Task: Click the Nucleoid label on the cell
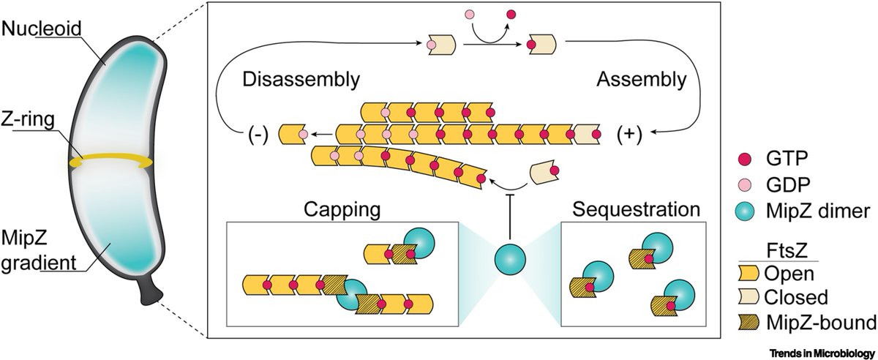tap(32, 29)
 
